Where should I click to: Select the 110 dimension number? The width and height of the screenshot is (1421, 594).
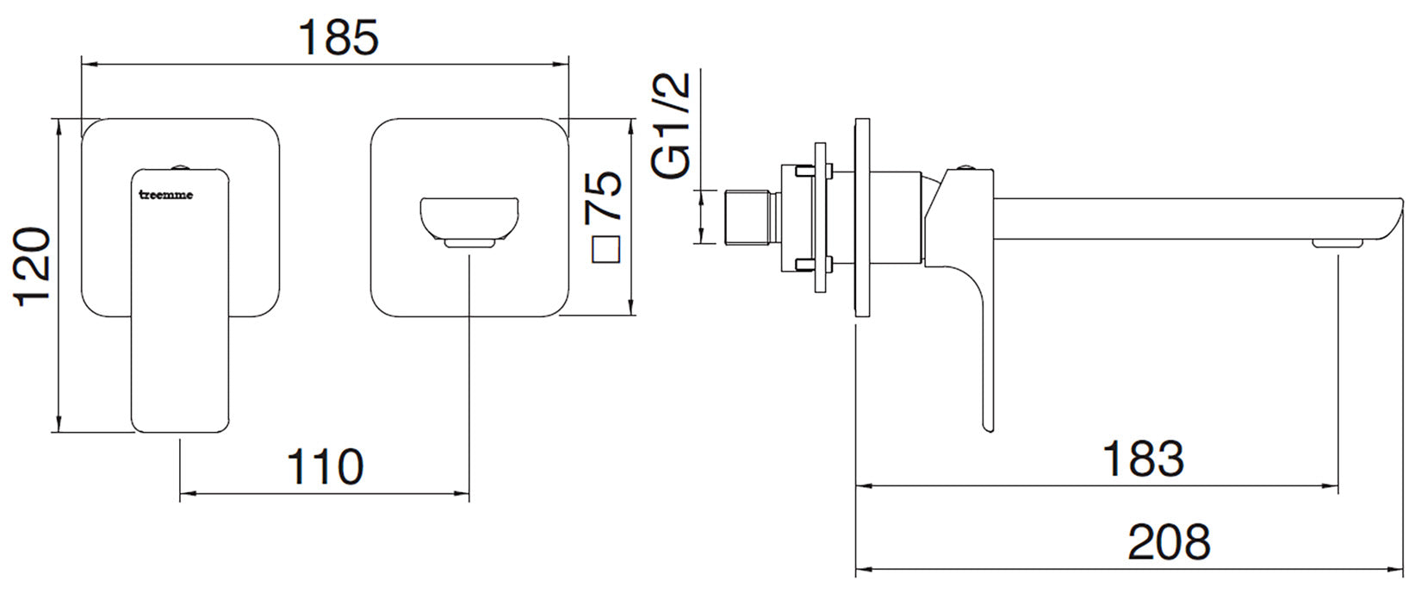(x=325, y=467)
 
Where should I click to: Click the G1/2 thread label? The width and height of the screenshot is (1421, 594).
(x=673, y=126)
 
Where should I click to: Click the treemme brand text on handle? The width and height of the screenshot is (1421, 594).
(x=166, y=195)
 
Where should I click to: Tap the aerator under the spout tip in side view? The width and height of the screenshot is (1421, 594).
(x=1337, y=245)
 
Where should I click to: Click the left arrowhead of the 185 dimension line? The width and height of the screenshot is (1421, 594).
(x=86, y=62)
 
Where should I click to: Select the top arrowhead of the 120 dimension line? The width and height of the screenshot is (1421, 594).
(x=59, y=126)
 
